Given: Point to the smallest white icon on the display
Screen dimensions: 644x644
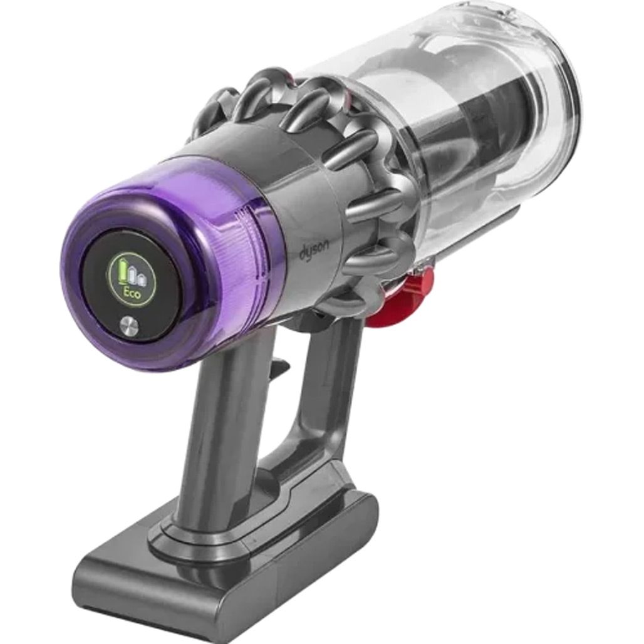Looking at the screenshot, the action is pos(142,279).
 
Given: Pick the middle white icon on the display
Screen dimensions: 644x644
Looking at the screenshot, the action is pos(132,276).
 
